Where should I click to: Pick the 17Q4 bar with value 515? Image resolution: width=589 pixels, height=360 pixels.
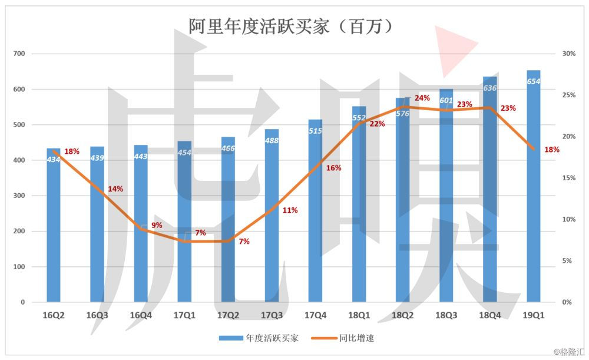click(x=315, y=218)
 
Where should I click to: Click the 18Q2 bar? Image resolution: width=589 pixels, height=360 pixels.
click(x=402, y=206)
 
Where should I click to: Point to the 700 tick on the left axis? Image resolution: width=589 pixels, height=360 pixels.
click(x=19, y=54)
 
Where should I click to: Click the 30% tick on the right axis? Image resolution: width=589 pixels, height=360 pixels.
click(x=568, y=54)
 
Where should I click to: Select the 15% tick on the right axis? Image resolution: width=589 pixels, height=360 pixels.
click(x=568, y=178)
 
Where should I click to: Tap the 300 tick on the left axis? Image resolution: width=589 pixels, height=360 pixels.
click(x=19, y=196)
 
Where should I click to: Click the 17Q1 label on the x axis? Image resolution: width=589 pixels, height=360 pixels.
click(x=184, y=315)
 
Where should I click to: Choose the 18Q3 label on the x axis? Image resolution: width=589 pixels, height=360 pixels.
click(x=446, y=315)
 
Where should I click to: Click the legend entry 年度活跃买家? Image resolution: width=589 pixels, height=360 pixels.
click(x=259, y=338)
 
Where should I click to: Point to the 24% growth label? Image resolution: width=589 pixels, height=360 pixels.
click(x=422, y=98)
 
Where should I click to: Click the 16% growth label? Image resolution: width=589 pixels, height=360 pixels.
click(x=333, y=168)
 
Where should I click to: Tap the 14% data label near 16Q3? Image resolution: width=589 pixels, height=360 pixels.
click(x=115, y=189)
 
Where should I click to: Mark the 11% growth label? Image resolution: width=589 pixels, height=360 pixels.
click(x=290, y=210)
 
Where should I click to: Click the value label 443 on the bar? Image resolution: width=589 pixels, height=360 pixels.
click(x=141, y=156)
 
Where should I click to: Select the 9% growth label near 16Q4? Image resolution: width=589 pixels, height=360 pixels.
click(x=157, y=225)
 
